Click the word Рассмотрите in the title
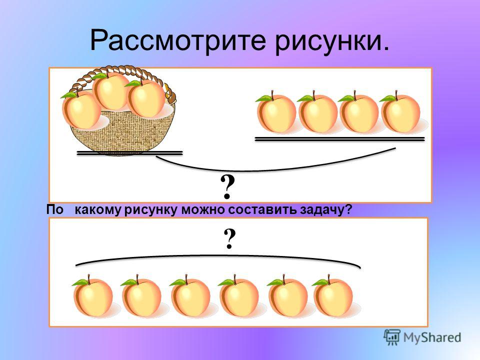point(177,41)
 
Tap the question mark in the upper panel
point(227,187)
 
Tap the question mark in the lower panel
point(230,239)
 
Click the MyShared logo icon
point(392,337)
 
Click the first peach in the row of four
point(276,113)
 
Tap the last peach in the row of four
point(400,113)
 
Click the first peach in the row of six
point(92,297)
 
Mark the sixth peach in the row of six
point(333,297)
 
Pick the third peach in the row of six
point(190,297)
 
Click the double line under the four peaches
point(340,139)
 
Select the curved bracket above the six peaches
point(218,256)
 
